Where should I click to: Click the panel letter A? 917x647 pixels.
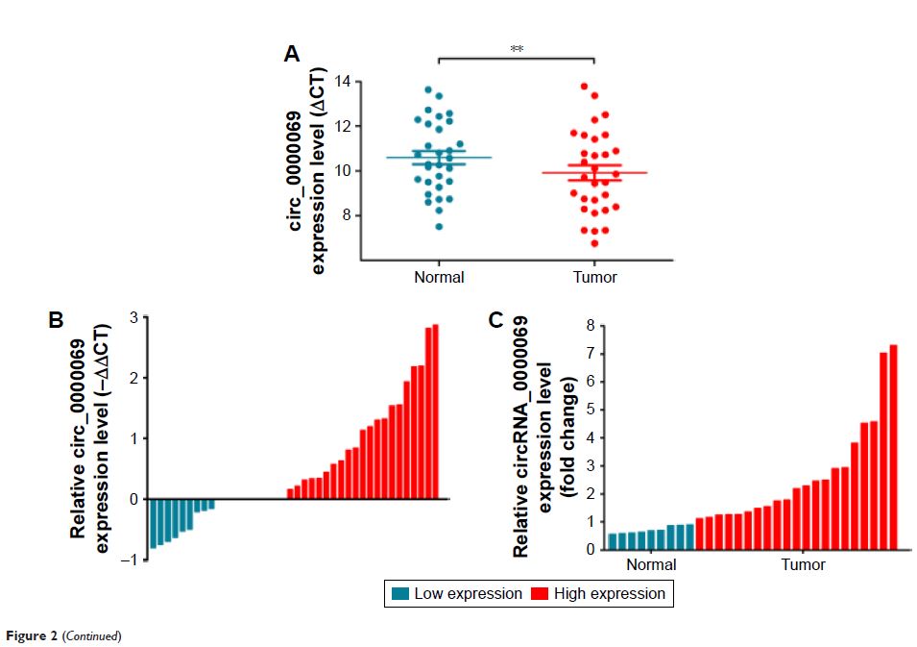(293, 55)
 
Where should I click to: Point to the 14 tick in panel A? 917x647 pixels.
(342, 82)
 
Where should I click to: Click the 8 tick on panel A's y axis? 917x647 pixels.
(346, 215)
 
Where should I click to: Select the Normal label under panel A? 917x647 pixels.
(439, 277)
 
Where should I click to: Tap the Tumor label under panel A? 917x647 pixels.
(595, 277)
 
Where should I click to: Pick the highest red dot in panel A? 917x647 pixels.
(583, 87)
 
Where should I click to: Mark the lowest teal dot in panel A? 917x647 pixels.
(439, 226)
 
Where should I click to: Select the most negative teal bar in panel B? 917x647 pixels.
(153, 523)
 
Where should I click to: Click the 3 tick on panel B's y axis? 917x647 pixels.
(134, 316)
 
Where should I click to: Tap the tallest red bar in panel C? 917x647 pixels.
(893, 446)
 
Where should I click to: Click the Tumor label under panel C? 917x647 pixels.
(802, 564)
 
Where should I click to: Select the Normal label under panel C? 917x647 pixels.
(650, 564)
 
